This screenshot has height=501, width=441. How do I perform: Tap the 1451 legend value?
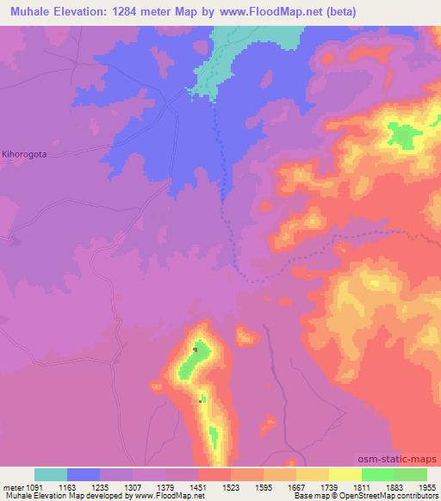[208, 487]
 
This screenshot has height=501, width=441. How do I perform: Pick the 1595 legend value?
[274, 487]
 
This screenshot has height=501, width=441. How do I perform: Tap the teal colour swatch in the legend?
[51, 474]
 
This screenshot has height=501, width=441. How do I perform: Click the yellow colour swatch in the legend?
[345, 474]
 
